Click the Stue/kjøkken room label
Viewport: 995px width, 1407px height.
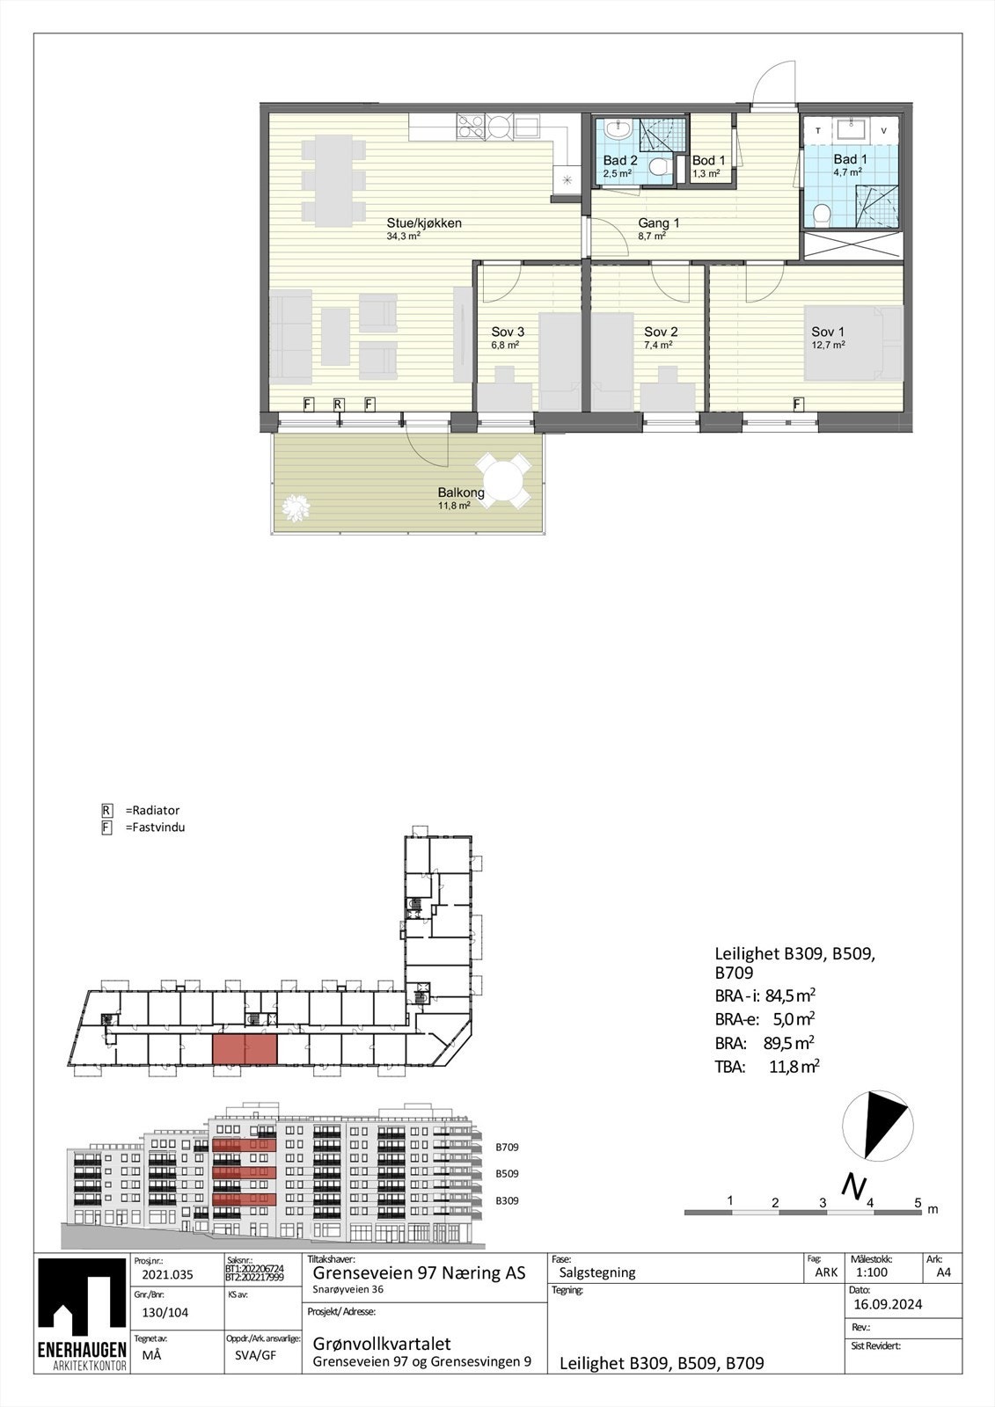click(423, 223)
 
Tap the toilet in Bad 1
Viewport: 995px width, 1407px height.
click(823, 213)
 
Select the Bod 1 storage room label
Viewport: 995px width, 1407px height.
click(708, 161)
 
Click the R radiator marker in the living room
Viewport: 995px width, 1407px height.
click(338, 405)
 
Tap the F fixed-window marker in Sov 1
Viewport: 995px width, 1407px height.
click(798, 405)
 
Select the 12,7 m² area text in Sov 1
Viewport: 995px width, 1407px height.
click(828, 346)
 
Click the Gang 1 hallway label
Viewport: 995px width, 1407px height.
click(658, 223)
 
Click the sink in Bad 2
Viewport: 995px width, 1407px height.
click(618, 129)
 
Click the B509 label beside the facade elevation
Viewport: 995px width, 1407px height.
click(507, 1174)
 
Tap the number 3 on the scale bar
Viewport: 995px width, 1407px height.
click(823, 1202)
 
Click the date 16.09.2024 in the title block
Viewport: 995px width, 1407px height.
click(888, 1304)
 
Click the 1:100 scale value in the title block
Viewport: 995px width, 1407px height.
click(871, 1272)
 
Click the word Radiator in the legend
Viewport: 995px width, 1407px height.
click(155, 810)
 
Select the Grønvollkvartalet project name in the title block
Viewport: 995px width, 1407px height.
click(382, 1344)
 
